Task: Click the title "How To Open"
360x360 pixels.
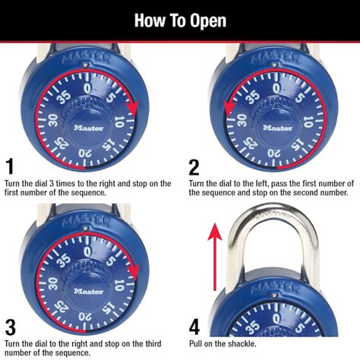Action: coord(180,20)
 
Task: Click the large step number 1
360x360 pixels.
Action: coord(9,166)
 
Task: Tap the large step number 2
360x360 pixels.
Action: coord(194,166)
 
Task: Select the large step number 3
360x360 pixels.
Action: coord(10,327)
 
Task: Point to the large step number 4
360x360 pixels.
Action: coord(195,327)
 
